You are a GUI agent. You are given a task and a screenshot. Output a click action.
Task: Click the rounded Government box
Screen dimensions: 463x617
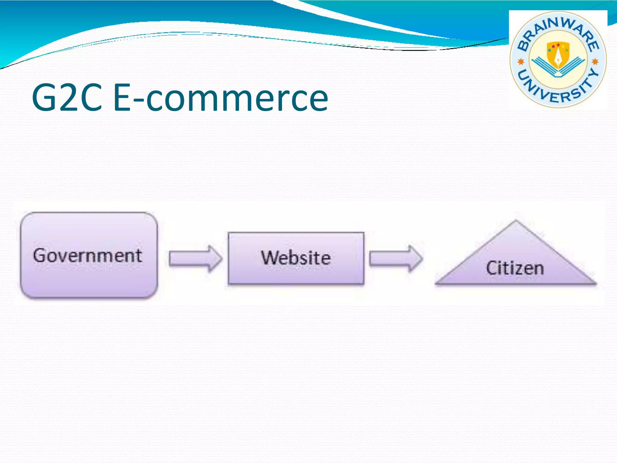click(x=89, y=280)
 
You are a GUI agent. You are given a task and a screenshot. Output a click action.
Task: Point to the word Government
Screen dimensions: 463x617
click(x=88, y=256)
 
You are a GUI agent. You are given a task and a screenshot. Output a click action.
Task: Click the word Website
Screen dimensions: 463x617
click(x=296, y=258)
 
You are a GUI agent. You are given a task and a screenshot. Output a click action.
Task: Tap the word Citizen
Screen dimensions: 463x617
click(x=515, y=268)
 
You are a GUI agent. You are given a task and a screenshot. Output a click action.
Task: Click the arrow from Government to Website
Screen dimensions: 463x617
click(x=196, y=259)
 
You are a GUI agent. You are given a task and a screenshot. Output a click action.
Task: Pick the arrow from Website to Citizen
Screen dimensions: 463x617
click(x=396, y=259)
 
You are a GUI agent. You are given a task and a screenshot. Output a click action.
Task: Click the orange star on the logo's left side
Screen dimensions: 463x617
click(x=521, y=62)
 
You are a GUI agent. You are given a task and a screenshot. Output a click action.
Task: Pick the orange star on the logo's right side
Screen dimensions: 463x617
click(x=595, y=62)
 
